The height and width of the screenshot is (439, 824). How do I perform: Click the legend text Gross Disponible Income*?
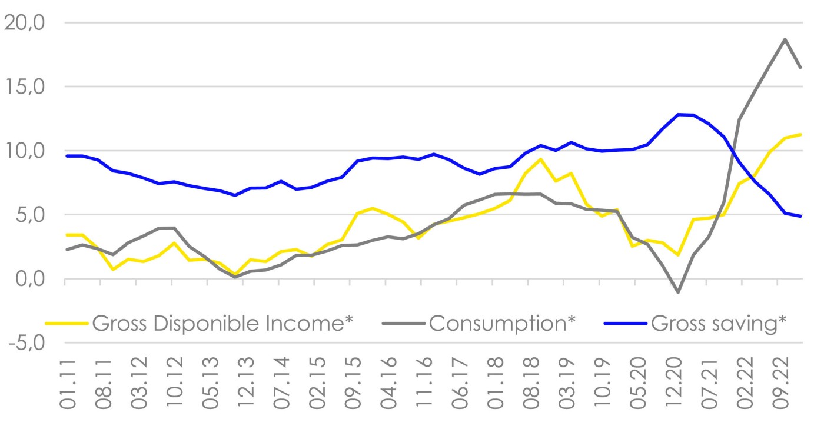point(224,324)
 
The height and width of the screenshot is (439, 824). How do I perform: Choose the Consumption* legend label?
point(501,324)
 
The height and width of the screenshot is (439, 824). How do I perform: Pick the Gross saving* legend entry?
point(719,324)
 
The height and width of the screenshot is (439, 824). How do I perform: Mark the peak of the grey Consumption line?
point(785,39)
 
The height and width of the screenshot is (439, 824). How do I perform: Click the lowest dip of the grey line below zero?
point(679,292)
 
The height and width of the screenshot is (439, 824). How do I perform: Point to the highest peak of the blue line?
point(679,114)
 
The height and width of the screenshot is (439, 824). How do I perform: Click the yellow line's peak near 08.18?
point(540,159)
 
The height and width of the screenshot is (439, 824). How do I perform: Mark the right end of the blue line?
point(800,216)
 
